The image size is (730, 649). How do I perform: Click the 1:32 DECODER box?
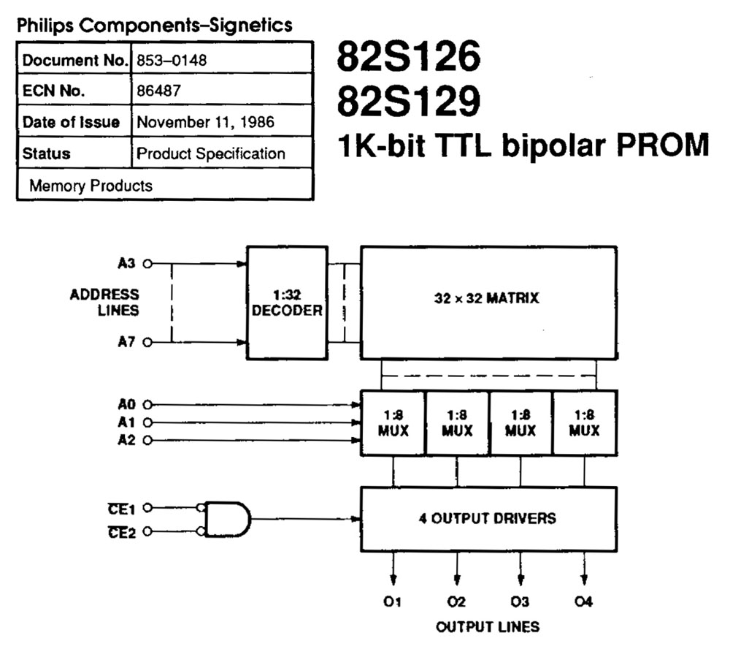click(286, 303)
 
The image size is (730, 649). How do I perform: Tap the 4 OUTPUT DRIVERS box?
click(488, 518)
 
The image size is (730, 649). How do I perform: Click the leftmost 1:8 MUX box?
click(393, 422)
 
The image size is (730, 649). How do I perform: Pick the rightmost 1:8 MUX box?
click(584, 422)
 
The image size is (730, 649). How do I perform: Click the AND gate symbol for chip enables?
click(226, 520)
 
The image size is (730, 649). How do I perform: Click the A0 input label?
click(126, 404)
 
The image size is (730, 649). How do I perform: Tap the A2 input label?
click(126, 440)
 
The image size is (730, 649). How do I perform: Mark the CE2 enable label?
click(121, 532)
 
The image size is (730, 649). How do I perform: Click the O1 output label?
click(393, 601)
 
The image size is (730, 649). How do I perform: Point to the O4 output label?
click(583, 601)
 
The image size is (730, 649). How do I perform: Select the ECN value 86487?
click(155, 91)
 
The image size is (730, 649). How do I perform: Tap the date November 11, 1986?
click(205, 122)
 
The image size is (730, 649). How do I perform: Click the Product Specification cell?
click(211, 153)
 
